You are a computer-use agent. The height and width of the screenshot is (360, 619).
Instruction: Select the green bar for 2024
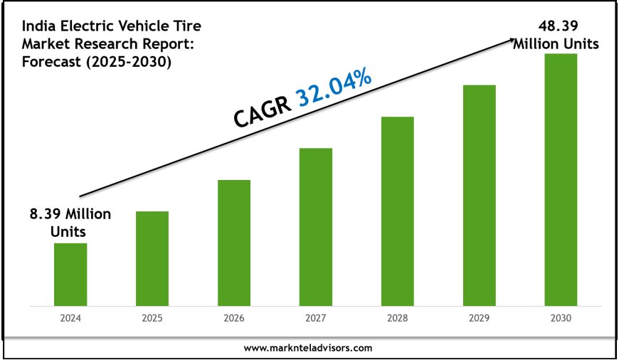[70, 275]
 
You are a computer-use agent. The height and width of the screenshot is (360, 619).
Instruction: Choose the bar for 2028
[397, 211]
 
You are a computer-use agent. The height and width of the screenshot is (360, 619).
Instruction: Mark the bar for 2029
[479, 196]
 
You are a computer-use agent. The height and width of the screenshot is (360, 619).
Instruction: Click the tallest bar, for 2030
[561, 180]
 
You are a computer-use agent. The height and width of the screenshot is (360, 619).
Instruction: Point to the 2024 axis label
[70, 319]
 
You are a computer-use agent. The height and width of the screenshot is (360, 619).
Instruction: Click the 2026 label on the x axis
[234, 319]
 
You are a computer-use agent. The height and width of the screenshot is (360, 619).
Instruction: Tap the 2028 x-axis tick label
[397, 319]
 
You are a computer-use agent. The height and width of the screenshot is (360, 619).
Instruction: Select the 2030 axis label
[561, 319]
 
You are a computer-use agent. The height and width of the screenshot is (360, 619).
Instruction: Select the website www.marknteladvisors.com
[307, 348]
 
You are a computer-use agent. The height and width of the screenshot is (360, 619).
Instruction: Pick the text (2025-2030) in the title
[135, 62]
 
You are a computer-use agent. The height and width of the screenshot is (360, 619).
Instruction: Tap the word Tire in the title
[186, 27]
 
